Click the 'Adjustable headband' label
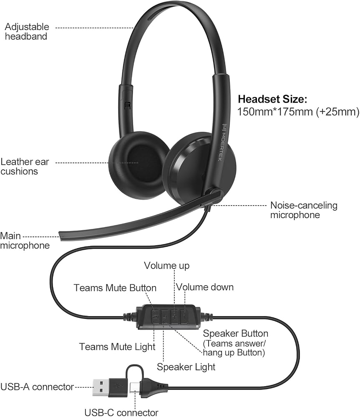tap(27, 31)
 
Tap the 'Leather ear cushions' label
tap(25, 166)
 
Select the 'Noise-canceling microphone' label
tap(304, 210)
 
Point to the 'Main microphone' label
tap(25, 241)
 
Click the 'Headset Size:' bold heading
tap(272, 99)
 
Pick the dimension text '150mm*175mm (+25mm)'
tap(298, 112)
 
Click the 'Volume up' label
tap(167, 265)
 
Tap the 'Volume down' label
tap(205, 287)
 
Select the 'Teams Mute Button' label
tap(115, 288)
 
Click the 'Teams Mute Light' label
tap(117, 347)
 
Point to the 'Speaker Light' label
tap(186, 367)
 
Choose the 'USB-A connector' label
tap(37, 387)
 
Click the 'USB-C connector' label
tap(121, 412)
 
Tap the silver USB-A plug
tap(101, 387)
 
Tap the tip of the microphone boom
tap(60, 236)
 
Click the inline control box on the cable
tap(169, 317)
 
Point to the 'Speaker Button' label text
tap(235, 334)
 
